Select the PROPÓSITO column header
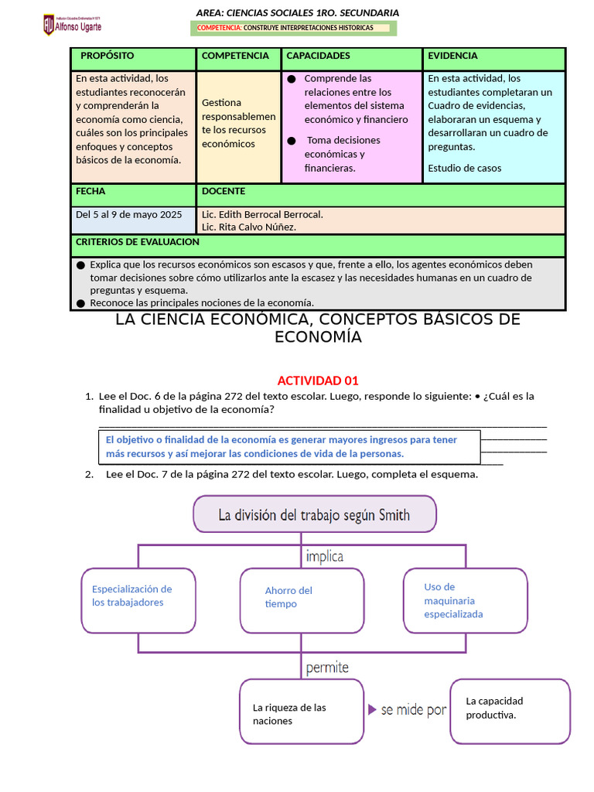[x=107, y=56]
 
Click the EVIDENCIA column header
[x=452, y=56]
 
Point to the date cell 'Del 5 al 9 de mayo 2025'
[x=128, y=214]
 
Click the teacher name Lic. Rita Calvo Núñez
[x=248, y=227]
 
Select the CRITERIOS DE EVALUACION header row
[x=137, y=242]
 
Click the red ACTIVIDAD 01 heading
[x=318, y=381]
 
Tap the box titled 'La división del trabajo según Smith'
[x=314, y=515]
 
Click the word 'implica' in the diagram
[x=325, y=556]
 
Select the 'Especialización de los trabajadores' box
[x=138, y=599]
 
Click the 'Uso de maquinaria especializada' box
[x=466, y=600]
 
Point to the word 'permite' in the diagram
[x=327, y=667]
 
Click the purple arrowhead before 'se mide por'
[x=372, y=709]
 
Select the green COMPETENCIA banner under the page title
[x=293, y=29]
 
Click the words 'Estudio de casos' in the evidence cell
[x=464, y=168]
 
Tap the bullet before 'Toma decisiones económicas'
[x=291, y=141]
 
